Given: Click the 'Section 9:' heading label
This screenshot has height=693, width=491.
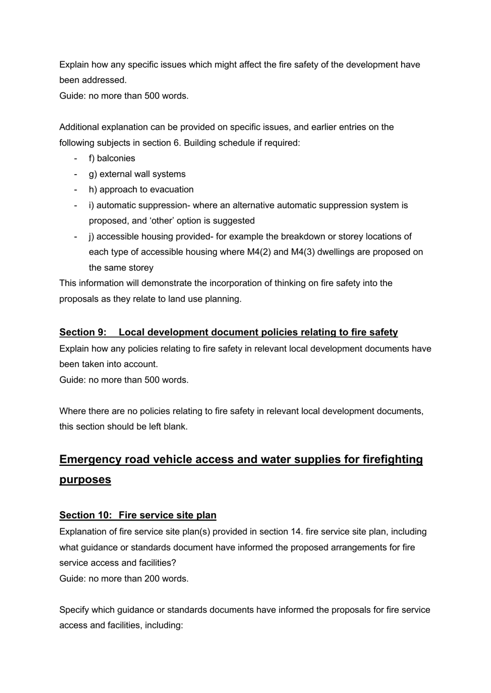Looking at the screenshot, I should (x=83, y=332).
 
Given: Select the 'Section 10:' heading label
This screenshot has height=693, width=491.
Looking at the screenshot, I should (x=84, y=515).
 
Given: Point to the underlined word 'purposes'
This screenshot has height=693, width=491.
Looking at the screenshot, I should (x=85, y=479).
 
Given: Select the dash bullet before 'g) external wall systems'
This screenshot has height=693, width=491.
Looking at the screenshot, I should (x=76, y=174).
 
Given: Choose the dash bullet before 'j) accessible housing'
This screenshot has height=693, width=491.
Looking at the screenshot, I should (x=76, y=237).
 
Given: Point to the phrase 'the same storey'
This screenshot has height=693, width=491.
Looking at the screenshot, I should (x=121, y=267).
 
